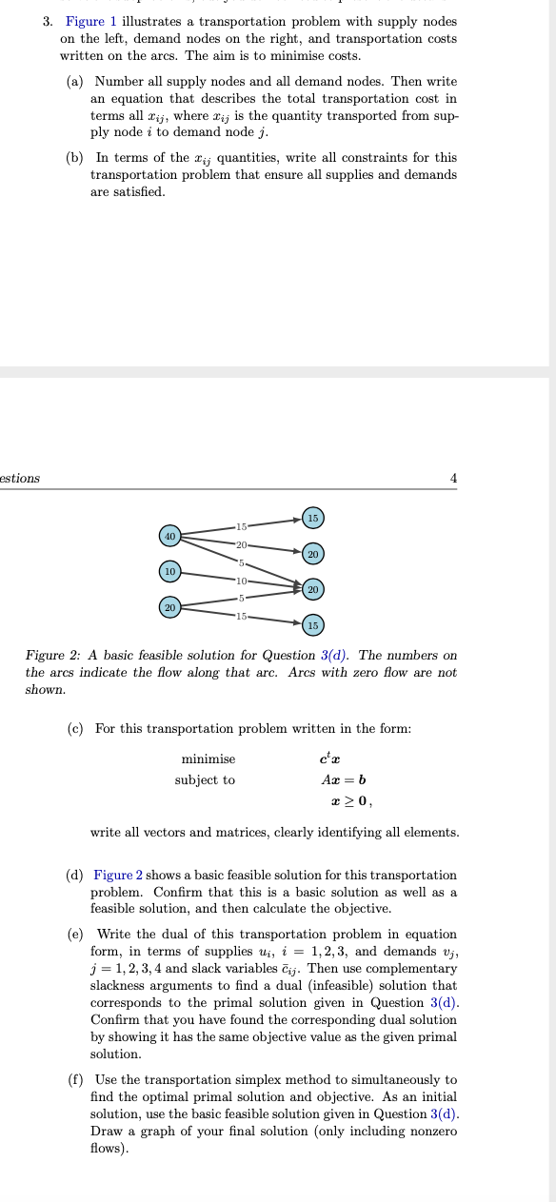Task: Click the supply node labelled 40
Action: point(170,537)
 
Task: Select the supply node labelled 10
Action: point(170,571)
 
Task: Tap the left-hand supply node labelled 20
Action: point(170,607)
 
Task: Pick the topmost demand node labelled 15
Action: point(313,518)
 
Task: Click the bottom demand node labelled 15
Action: point(313,625)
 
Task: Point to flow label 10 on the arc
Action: point(242,581)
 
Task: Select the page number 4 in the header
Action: point(454,478)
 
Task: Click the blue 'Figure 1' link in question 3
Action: point(92,21)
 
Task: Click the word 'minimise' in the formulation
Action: point(208,759)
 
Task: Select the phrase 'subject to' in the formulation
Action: point(205,779)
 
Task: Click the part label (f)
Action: point(75,1079)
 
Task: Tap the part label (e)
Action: point(75,934)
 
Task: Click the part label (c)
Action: point(75,728)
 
